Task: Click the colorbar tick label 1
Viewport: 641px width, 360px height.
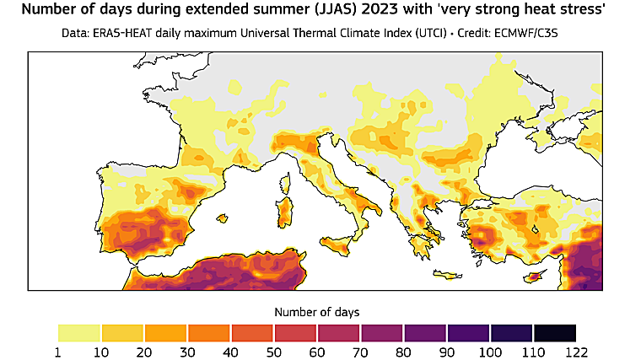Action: point(58,350)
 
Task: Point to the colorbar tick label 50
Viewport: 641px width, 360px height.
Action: point(275,350)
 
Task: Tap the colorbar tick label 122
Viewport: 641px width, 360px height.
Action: point(576,350)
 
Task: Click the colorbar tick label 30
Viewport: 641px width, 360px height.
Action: point(188,350)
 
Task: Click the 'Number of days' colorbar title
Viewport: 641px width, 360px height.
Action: point(316,311)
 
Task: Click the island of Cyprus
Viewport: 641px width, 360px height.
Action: point(532,277)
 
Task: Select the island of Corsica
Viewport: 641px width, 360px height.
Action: point(288,182)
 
